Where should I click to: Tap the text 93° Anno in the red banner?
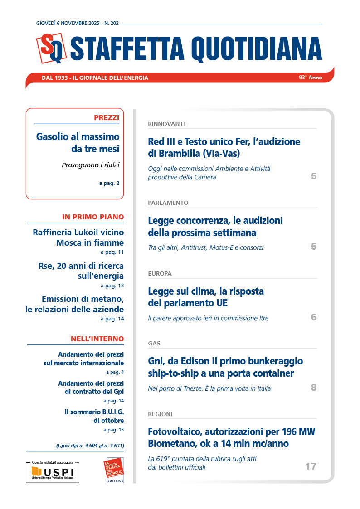[310, 78]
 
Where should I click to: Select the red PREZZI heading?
[107, 118]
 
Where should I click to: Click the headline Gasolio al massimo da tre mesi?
[78, 142]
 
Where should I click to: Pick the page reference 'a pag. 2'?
[109, 183]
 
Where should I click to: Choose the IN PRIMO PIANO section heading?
[92, 217]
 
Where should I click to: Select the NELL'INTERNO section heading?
[97, 339]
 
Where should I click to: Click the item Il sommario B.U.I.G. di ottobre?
[94, 416]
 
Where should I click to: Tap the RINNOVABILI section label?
[166, 124]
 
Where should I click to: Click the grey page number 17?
[310, 466]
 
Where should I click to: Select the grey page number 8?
[313, 388]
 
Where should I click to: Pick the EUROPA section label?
[160, 274]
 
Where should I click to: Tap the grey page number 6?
[313, 317]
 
